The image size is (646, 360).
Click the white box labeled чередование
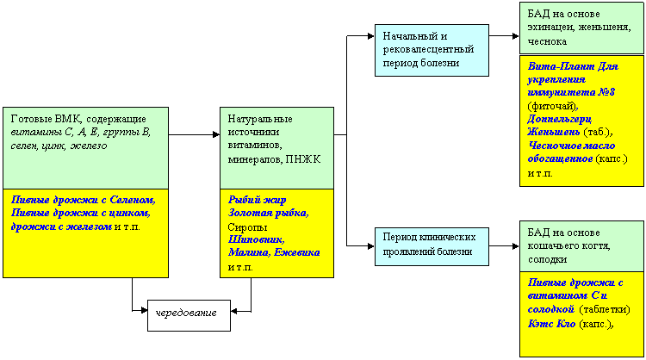point(189,315)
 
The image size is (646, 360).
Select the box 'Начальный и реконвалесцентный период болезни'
point(432,50)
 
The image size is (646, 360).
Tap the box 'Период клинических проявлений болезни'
point(432,246)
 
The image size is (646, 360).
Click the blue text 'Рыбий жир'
point(257,200)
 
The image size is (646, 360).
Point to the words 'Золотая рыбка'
point(268,214)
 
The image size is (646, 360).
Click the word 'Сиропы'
point(247,227)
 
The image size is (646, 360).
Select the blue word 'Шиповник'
point(256,239)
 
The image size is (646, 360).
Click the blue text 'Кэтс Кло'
point(551,324)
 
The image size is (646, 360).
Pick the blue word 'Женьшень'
point(554,133)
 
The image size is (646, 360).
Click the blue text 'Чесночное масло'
point(571,146)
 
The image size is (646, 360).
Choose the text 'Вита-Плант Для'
point(573,66)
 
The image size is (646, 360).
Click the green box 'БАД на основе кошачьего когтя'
point(581,246)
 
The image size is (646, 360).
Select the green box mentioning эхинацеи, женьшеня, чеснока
point(581,28)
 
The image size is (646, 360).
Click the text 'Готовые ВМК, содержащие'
point(78,119)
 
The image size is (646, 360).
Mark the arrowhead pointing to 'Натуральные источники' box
point(216,134)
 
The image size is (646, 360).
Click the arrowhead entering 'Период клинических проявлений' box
point(370,246)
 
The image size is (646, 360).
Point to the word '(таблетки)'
point(605,309)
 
